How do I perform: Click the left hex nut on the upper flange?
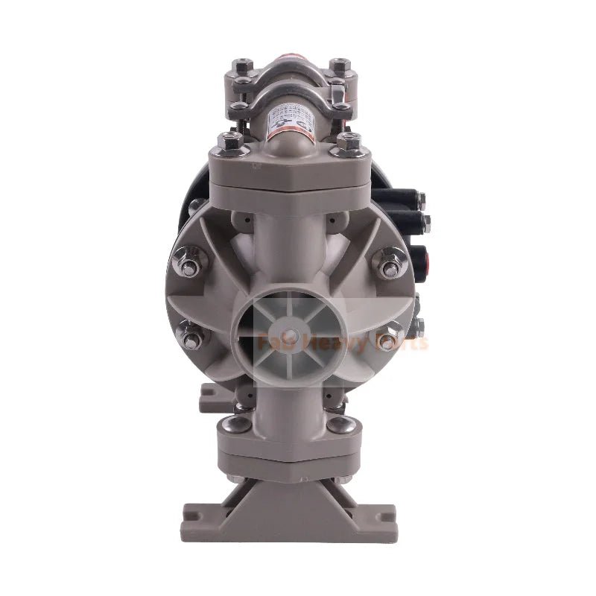click(x=229, y=142)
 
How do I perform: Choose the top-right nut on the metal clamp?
click(x=340, y=62)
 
